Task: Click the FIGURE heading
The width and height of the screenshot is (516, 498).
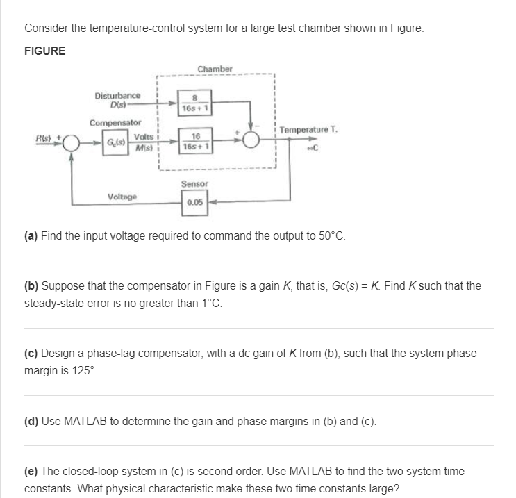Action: click(45, 51)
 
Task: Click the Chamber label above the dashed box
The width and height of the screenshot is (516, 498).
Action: click(215, 69)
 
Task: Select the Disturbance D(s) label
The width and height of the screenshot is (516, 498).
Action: click(117, 99)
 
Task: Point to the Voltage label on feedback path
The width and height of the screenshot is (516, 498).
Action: click(123, 197)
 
